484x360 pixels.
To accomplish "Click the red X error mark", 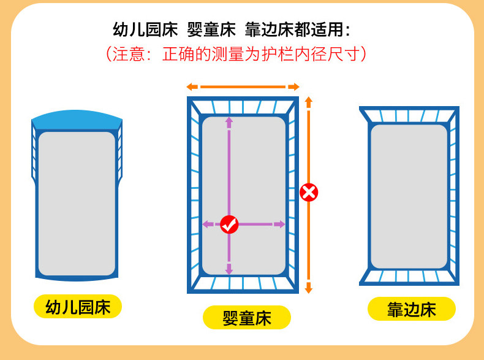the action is pos(309,193).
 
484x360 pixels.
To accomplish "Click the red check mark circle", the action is pos(229,224).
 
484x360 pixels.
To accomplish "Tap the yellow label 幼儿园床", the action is pos(78,307).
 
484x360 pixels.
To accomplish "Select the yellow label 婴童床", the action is pos(247,318).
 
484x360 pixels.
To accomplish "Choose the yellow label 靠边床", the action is pos(411,309).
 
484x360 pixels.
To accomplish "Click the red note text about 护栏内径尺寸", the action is pos(236,53).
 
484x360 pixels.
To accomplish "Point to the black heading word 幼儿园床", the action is pos(145,29).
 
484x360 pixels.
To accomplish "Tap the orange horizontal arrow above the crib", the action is pos(243,86).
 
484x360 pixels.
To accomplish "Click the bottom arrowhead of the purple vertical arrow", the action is pos(229,269).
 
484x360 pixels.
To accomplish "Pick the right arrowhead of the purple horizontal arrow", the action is pos(281,224).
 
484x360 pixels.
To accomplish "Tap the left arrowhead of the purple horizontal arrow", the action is pos(206,224).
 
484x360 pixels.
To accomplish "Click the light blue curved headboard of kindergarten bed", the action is pos(77,118).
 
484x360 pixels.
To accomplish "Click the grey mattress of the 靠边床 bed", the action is pos(409,196).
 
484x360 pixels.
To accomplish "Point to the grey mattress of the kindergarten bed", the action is pos(77,202).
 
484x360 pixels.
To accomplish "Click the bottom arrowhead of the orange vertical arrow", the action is pos(309,288).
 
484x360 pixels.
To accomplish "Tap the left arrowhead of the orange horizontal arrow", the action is pos(191,86).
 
